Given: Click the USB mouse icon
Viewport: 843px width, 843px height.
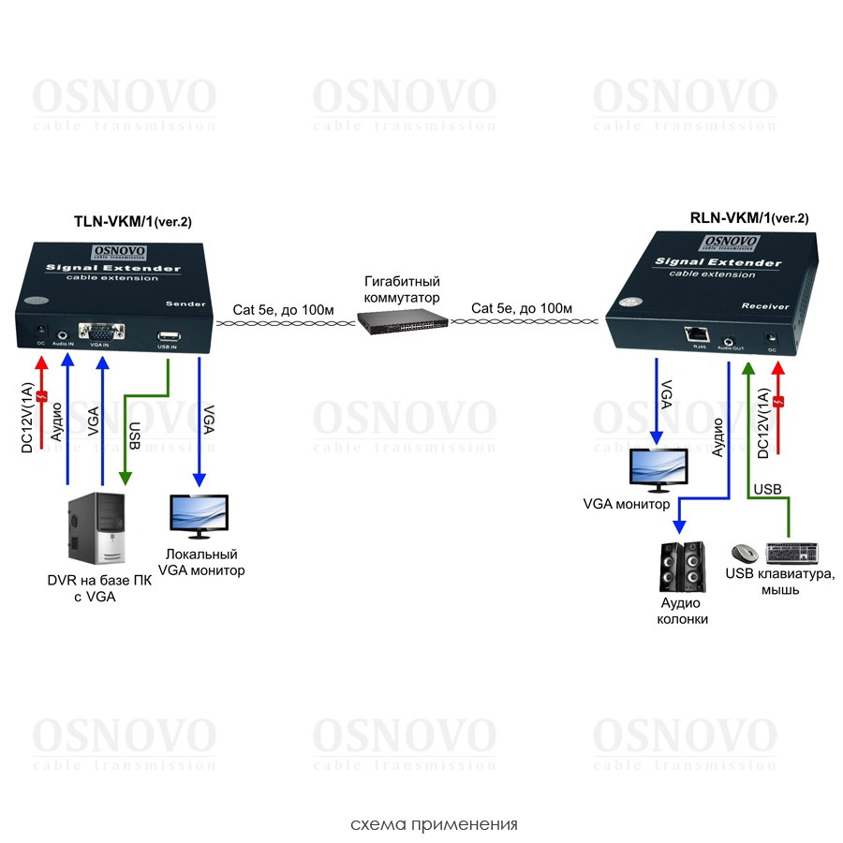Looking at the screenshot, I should point(746,554).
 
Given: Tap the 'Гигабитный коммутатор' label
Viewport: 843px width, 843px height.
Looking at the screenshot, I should point(403,289).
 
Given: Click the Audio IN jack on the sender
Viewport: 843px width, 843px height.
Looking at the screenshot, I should point(64,333).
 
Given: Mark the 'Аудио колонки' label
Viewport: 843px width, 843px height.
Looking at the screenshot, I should point(682,612).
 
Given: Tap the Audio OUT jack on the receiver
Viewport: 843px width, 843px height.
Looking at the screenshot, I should point(729,334).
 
